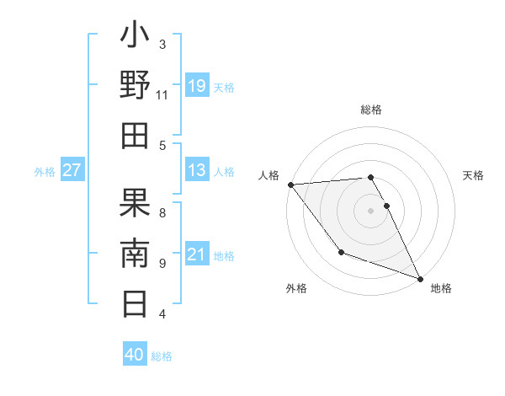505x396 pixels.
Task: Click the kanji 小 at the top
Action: click(136, 39)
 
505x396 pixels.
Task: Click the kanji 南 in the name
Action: click(136, 253)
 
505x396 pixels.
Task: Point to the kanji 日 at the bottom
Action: click(136, 302)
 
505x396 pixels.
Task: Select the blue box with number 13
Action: click(197, 170)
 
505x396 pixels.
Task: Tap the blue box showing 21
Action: click(197, 254)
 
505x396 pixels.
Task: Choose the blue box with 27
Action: click(72, 170)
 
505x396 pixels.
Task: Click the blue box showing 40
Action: click(135, 355)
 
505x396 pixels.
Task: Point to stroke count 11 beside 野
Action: click(162, 95)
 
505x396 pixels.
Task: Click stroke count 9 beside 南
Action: click(162, 263)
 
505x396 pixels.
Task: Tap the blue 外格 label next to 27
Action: click(45, 172)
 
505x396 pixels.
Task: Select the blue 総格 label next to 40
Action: click(162, 356)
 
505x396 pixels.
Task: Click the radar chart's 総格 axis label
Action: click(370, 110)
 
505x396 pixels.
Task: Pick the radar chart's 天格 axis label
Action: click(474, 175)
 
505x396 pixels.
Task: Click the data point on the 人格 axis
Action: click(290, 184)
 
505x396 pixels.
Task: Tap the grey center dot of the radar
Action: click(370, 210)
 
